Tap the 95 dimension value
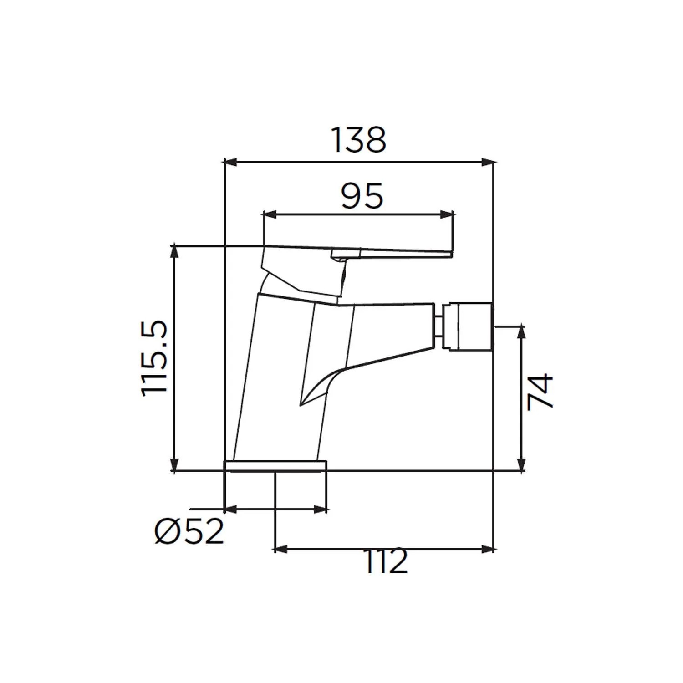(x=362, y=196)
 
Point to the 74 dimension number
(x=540, y=392)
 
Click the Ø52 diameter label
(x=189, y=531)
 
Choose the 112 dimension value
(x=385, y=562)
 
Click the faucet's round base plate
(x=276, y=466)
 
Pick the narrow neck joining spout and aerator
(x=438, y=326)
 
